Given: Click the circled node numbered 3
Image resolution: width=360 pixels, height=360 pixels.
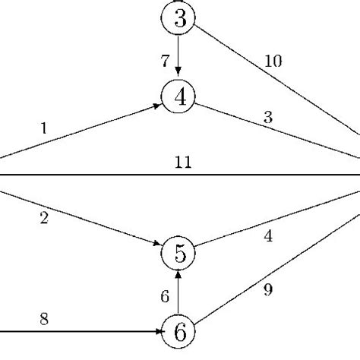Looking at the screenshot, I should [179, 18].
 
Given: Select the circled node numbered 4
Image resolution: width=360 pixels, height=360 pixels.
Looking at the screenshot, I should [179, 96].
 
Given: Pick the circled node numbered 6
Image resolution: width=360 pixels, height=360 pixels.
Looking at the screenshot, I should [179, 331].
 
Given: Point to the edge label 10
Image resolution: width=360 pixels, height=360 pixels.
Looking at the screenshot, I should [273, 62].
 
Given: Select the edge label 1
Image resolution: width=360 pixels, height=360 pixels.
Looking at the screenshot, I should [43, 129].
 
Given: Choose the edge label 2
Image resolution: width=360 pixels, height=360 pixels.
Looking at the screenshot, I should [45, 220].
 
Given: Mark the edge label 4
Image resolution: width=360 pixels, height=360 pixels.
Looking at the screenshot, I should [268, 236].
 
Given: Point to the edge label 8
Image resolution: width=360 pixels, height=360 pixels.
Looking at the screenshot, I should [45, 321].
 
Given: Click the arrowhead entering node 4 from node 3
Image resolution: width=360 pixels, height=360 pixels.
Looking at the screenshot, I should [178, 73].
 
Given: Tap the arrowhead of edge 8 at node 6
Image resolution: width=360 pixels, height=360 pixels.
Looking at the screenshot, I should [158, 332].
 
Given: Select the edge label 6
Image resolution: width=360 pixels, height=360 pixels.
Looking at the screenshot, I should [165, 297].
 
